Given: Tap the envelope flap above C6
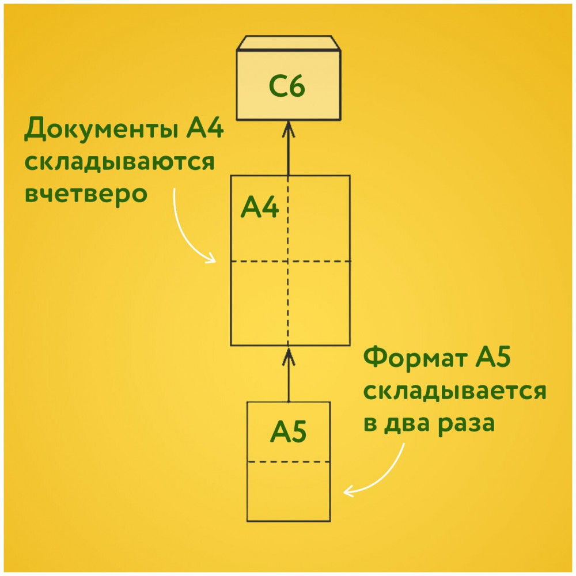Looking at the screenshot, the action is point(289,43).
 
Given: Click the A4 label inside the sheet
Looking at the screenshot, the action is point(260,207).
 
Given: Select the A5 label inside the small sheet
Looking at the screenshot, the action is point(289,431).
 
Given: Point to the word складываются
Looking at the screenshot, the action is point(119,162).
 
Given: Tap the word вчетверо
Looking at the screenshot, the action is point(86,194).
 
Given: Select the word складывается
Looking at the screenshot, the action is point(455,391).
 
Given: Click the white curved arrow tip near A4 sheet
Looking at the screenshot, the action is point(215,262).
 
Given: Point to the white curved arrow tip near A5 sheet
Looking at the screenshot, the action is point(344,492).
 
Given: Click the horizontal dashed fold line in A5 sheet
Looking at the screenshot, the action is point(289,462).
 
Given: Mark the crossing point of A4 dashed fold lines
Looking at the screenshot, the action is point(288,262).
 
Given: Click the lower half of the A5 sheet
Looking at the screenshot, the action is point(289,491).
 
